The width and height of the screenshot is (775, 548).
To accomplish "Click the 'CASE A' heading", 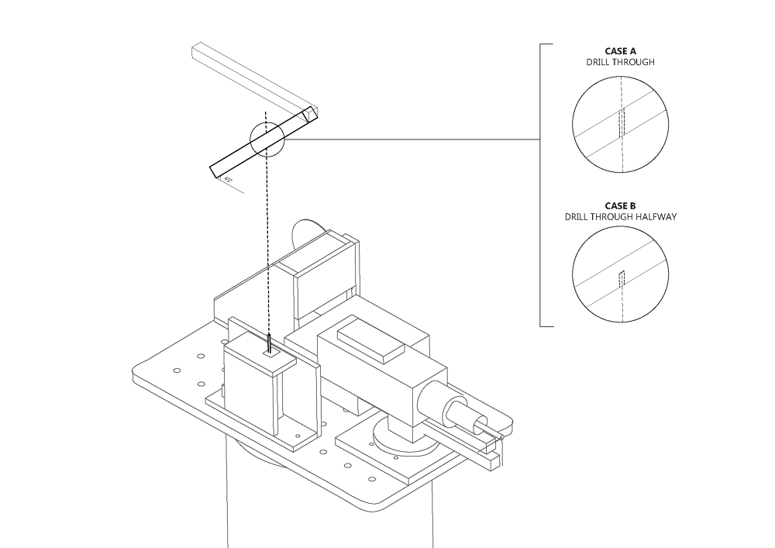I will pos(620,51).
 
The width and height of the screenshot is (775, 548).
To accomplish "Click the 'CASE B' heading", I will pos(620,206).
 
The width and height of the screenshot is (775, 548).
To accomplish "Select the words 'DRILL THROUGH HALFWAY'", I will pos(620,217).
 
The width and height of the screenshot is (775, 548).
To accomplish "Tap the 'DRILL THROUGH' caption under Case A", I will pos(620,62).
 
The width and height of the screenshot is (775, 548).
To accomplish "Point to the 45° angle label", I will pos(229,179).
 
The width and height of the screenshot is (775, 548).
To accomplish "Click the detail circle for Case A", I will pos(620,124).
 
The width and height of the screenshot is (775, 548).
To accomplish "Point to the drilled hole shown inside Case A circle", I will pos(621,122).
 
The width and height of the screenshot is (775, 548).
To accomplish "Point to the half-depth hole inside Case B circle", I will pos(621,279).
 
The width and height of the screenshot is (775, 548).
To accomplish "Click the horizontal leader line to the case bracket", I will pos(411,140).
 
